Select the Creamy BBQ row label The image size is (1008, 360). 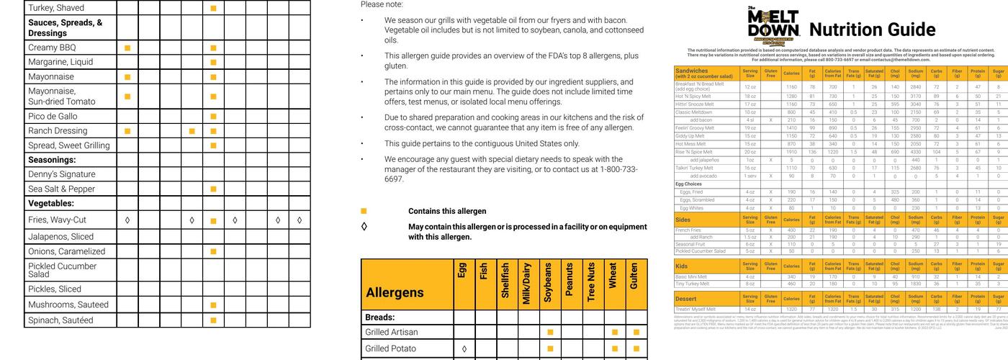click(x=52, y=48)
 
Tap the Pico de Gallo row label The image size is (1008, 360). click(x=53, y=116)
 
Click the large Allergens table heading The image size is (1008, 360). click(x=395, y=292)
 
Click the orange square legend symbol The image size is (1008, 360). click(x=364, y=211)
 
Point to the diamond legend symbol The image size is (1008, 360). click(x=364, y=226)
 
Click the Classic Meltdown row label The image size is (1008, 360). click(x=693, y=112)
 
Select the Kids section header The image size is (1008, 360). click(x=682, y=266)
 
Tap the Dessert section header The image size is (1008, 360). click(x=686, y=298)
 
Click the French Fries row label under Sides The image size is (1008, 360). click(x=688, y=230)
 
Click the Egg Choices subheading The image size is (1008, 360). click(x=688, y=184)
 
